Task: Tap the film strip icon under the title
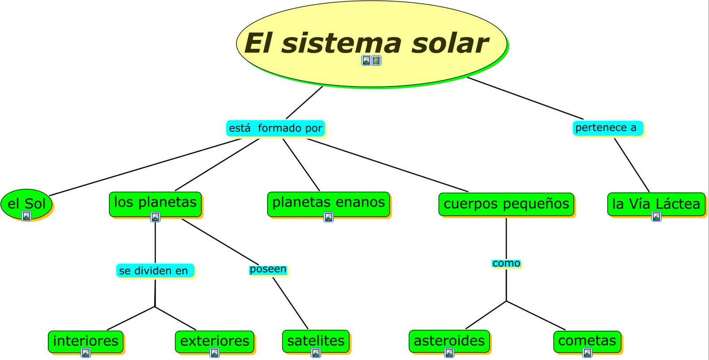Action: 376,60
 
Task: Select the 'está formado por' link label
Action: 276,128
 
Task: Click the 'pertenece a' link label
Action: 606,128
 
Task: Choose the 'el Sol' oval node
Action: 27,203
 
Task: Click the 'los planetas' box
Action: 155,202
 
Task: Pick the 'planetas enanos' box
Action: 328,202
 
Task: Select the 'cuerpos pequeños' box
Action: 506,204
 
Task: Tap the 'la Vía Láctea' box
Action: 656,204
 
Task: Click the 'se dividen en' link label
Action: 154,270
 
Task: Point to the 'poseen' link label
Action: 268,269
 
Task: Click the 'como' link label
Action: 506,263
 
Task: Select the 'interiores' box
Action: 86,340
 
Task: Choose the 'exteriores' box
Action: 214,340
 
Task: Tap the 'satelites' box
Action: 316,340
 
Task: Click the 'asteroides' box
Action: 449,340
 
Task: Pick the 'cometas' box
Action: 587,340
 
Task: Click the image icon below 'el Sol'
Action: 27,216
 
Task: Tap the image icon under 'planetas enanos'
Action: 328,217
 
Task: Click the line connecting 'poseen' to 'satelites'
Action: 290,303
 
